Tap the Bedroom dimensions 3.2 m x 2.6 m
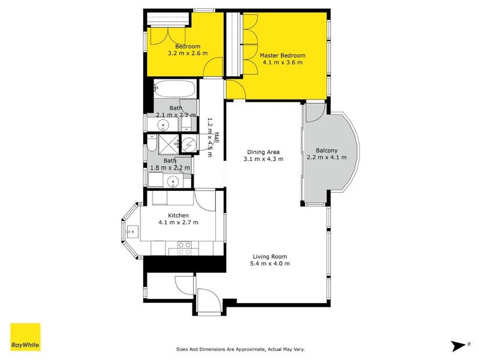point(188,53)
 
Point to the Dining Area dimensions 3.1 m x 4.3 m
point(263,159)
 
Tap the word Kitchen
point(178,215)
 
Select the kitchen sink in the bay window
point(131,230)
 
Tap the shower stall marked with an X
point(170,144)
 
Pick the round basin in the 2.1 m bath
point(162,125)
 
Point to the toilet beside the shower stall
point(152,143)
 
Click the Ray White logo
point(25,337)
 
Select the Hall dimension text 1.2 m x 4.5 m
point(209,137)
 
